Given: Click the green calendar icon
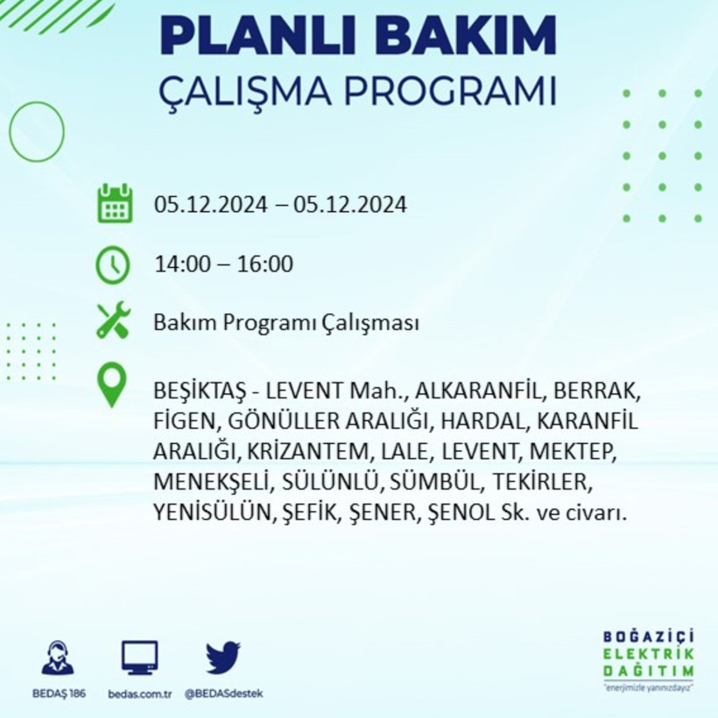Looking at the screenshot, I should [115, 203].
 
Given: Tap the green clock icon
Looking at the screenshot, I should [113, 264].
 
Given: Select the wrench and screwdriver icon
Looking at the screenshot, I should [113, 320].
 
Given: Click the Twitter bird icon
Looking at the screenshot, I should [223, 657].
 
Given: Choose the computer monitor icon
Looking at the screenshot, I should [140, 657].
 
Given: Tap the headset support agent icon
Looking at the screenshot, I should [58, 658].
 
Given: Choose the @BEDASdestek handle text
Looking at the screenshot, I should [223, 693].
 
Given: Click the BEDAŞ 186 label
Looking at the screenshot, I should [58, 693].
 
